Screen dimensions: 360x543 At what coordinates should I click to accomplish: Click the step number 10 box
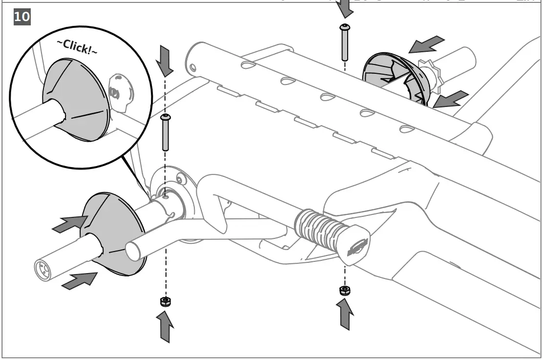21,17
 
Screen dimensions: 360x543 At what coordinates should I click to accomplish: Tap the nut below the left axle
165,301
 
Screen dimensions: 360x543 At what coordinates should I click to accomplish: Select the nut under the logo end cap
344,291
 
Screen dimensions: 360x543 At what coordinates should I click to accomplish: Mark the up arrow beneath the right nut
345,315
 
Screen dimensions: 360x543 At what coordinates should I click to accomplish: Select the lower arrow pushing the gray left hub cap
79,280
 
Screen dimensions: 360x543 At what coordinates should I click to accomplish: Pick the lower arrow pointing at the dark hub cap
450,99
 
